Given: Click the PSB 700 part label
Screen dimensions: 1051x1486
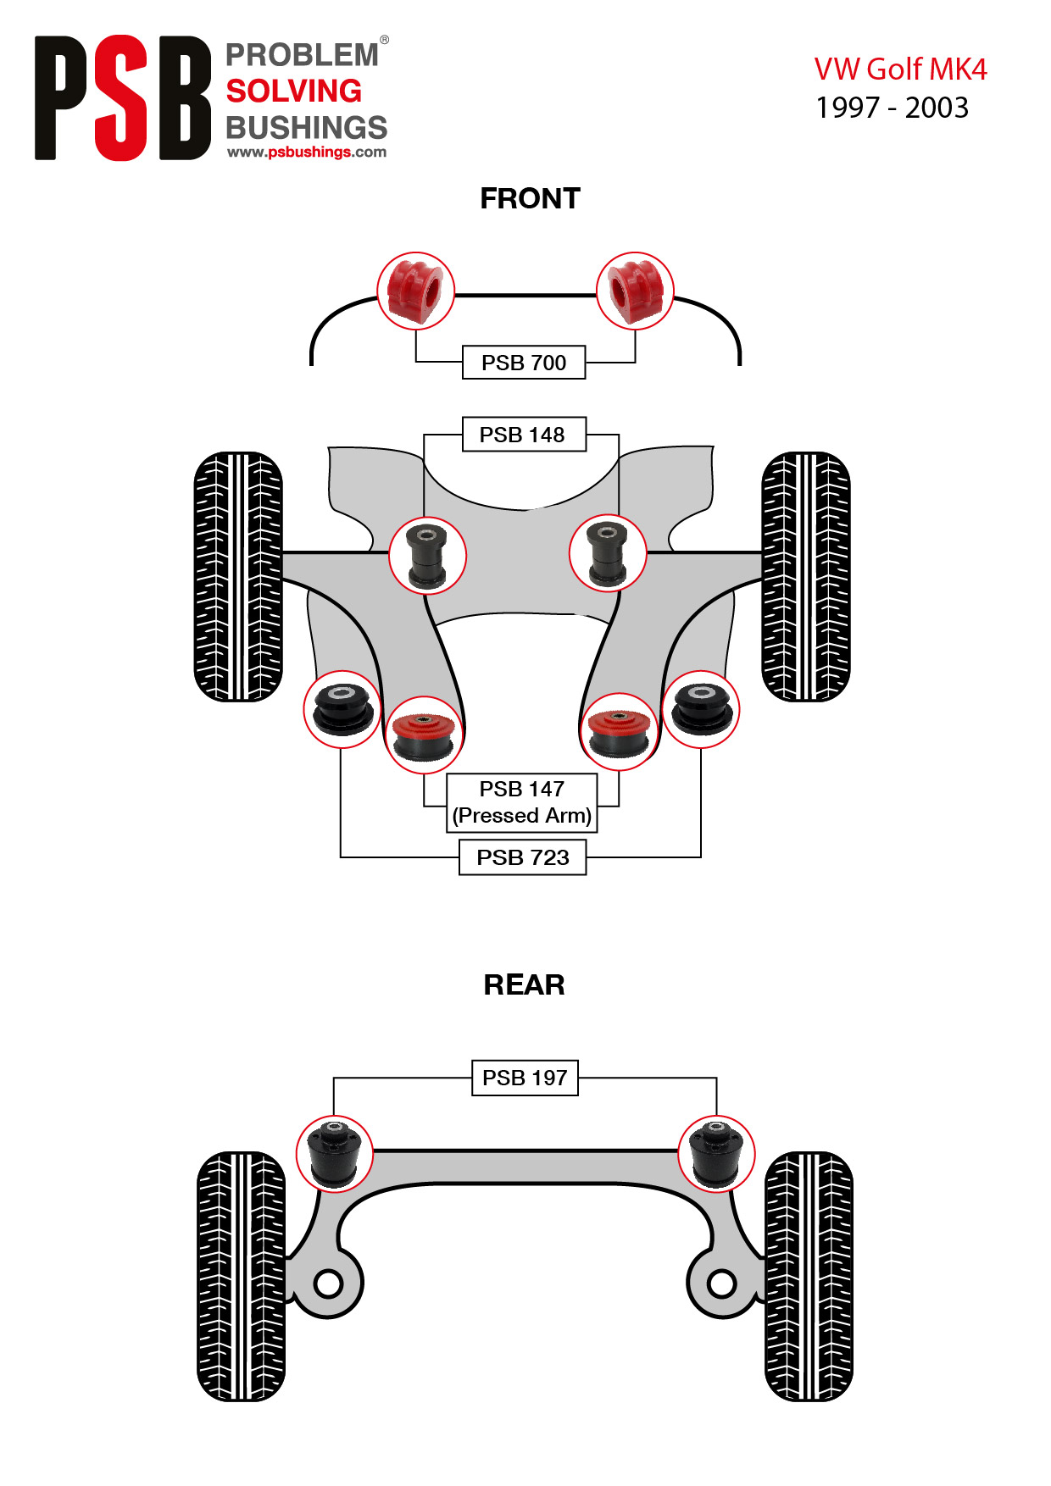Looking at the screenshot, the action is pyautogui.click(x=524, y=363).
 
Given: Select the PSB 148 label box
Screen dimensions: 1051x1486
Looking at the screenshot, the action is pyautogui.click(x=524, y=435).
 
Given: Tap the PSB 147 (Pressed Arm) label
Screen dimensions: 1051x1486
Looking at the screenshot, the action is pyautogui.click(x=522, y=802).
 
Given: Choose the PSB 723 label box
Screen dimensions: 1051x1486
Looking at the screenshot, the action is pyautogui.click(x=523, y=857).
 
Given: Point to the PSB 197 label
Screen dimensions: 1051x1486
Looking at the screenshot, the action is pyautogui.click(x=525, y=1078).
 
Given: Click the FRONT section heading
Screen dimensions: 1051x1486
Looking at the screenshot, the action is pyautogui.click(x=530, y=198).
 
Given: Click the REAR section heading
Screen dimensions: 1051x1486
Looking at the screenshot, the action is pyautogui.click(x=524, y=984).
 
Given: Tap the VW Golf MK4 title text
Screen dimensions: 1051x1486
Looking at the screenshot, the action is pyautogui.click(x=900, y=69).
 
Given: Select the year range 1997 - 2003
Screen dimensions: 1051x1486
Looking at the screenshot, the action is pyautogui.click(x=892, y=108).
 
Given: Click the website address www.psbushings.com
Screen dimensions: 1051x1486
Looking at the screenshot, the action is pyautogui.click(x=307, y=152).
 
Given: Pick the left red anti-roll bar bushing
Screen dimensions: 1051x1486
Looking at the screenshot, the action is pyautogui.click(x=415, y=291).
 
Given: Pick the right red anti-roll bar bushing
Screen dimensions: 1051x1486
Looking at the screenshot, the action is pyautogui.click(x=635, y=291).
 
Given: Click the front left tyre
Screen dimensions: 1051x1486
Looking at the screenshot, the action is pyautogui.click(x=238, y=577).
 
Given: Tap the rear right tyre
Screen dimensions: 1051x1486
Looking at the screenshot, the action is pyautogui.click(x=809, y=1276).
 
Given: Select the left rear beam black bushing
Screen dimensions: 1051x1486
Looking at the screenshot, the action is pyautogui.click(x=335, y=1154).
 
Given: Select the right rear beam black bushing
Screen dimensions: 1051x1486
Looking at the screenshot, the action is pyautogui.click(x=716, y=1154).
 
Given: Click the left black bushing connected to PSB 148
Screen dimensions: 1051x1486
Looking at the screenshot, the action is pyautogui.click(x=427, y=556).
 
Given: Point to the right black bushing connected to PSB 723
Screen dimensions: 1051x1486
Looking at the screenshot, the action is pyautogui.click(x=701, y=709).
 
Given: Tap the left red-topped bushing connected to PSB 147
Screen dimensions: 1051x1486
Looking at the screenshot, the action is pyautogui.click(x=424, y=735).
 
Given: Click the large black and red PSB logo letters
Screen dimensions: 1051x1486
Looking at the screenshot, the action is pyautogui.click(x=123, y=98).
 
